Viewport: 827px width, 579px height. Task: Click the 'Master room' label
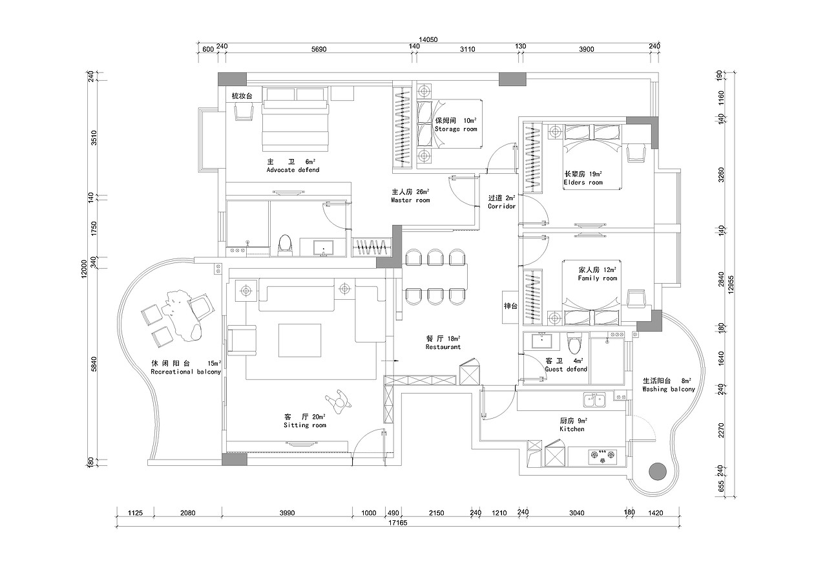click(410, 200)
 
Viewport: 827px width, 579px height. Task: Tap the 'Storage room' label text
click(455, 129)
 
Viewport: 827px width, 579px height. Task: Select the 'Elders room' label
click(583, 183)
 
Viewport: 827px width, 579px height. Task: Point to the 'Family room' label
click(597, 279)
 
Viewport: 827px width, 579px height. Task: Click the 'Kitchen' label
click(572, 429)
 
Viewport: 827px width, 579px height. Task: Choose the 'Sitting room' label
click(304, 425)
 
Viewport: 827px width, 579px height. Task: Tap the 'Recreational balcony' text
click(185, 372)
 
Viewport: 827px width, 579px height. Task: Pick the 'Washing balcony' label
click(669, 390)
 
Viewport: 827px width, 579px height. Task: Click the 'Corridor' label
click(501, 207)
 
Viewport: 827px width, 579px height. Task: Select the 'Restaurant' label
click(443, 347)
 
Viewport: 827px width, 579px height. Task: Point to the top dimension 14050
click(428, 40)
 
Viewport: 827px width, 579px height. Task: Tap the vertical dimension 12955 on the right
click(731, 283)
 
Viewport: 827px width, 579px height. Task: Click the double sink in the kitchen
click(594, 401)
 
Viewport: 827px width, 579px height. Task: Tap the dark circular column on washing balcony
click(657, 471)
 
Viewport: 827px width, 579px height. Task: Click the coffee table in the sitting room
click(300, 341)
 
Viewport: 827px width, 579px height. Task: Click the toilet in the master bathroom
click(284, 244)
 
